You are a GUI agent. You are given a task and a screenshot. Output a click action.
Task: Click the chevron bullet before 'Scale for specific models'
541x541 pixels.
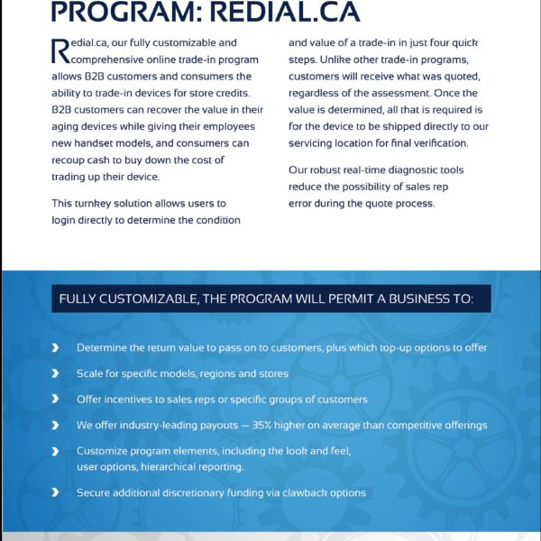(x=56, y=373)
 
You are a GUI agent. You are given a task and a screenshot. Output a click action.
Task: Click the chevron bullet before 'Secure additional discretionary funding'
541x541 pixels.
(x=56, y=493)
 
